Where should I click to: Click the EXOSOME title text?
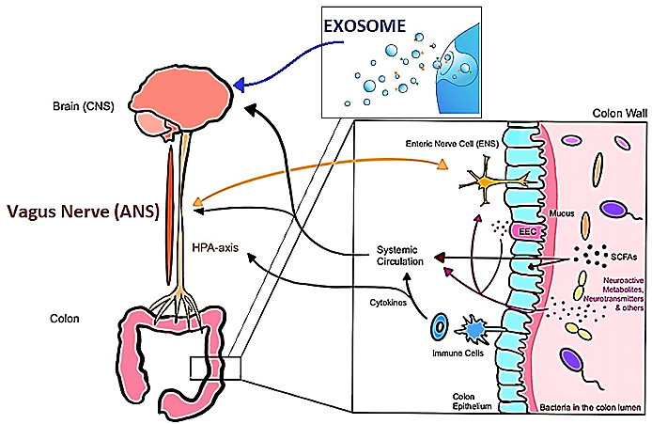[365, 25]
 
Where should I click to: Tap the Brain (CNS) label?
[84, 106]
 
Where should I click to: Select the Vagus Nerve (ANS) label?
[84, 212]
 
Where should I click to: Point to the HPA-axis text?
[215, 247]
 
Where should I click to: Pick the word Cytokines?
[388, 303]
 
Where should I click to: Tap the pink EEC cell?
[527, 231]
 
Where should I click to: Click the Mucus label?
[562, 213]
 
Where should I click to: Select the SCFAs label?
[624, 257]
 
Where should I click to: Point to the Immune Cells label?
[458, 353]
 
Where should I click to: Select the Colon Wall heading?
[619, 113]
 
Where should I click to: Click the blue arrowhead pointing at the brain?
[239, 85]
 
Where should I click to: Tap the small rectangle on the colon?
[215, 368]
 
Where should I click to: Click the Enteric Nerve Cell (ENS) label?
[452, 144]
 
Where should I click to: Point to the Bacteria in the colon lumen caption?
[590, 407]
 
